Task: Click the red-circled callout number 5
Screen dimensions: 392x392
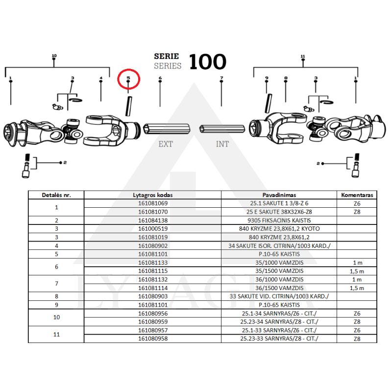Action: [128, 78]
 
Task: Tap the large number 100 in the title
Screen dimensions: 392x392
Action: [207, 62]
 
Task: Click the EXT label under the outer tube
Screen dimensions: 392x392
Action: [165, 144]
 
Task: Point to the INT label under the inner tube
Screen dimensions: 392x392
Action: [222, 144]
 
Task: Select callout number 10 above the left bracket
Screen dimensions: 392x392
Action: [54, 56]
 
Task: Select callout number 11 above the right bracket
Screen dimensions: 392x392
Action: [303, 56]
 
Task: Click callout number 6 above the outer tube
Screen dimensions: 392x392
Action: [160, 78]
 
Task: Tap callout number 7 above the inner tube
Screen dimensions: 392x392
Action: [221, 78]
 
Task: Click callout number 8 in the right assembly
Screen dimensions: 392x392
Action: [285, 78]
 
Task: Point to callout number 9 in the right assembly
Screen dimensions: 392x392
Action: [267, 78]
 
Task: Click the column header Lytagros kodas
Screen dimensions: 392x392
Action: [153, 195]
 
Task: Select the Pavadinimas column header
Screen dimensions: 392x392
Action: [278, 195]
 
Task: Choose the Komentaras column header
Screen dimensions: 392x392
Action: [357, 195]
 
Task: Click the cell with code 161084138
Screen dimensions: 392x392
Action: [153, 220]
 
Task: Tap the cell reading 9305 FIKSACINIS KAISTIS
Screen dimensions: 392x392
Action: [278, 220]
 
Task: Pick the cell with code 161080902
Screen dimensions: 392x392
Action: [153, 245]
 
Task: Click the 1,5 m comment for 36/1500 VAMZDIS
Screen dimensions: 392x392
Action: [357, 288]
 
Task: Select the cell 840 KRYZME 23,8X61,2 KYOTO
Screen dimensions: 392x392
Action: [278, 229]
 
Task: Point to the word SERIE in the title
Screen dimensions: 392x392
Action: [167, 56]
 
